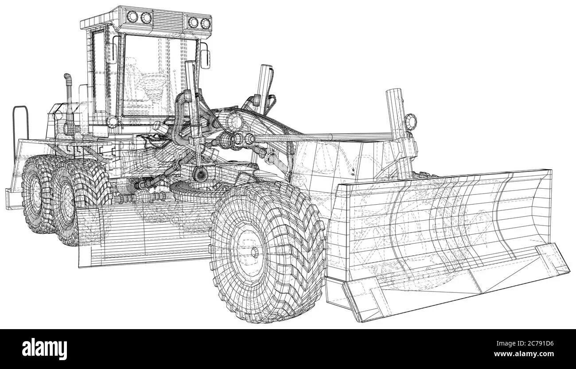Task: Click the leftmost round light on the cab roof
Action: tap(132, 16)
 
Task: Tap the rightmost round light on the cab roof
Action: tap(206, 23)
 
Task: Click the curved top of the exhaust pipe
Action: tap(68, 77)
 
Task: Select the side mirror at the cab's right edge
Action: tap(205, 59)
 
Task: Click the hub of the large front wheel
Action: tap(254, 252)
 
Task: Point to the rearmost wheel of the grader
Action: tap(39, 194)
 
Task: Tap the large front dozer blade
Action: tap(448, 244)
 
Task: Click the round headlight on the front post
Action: tap(410, 121)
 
